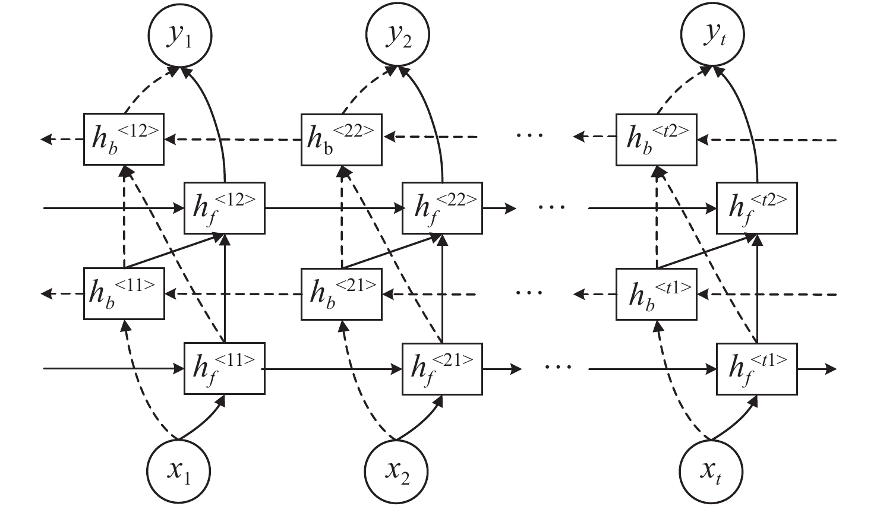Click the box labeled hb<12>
[x=124, y=139]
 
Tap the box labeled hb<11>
[x=124, y=293]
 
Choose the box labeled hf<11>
[x=224, y=368]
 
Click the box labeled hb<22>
[x=342, y=139]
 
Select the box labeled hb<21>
[x=342, y=293]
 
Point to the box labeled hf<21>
[x=442, y=368]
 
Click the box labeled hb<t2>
[x=656, y=139]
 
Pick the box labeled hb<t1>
[x=656, y=293]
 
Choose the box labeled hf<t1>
[x=756, y=368]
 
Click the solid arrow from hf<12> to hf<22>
[x=333, y=208]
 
